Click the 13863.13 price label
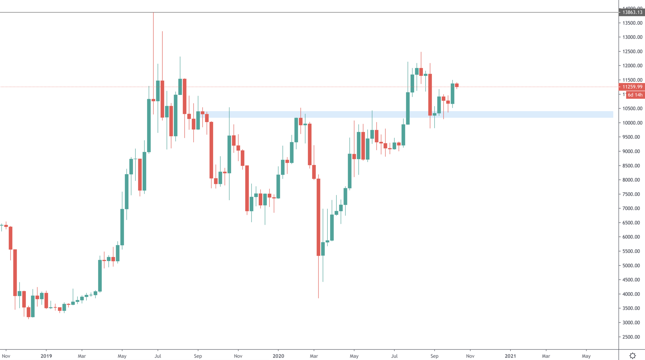click(632, 12)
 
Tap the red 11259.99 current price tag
click(632, 87)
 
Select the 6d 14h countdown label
click(635, 95)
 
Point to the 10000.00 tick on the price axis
click(631, 123)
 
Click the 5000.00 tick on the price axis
click(631, 265)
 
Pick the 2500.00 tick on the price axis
click(631, 337)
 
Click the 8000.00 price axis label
click(631, 180)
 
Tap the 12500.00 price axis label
click(631, 51)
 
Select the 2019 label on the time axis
click(46, 356)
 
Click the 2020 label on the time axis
click(278, 356)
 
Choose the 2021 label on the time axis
click(510, 356)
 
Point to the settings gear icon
click(633, 356)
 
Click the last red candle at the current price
click(457, 85)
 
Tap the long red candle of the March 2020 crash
click(318, 217)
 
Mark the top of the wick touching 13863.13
click(153, 13)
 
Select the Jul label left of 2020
click(158, 356)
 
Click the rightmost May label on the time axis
click(586, 356)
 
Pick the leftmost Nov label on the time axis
click(6, 356)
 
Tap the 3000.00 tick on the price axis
click(631, 322)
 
